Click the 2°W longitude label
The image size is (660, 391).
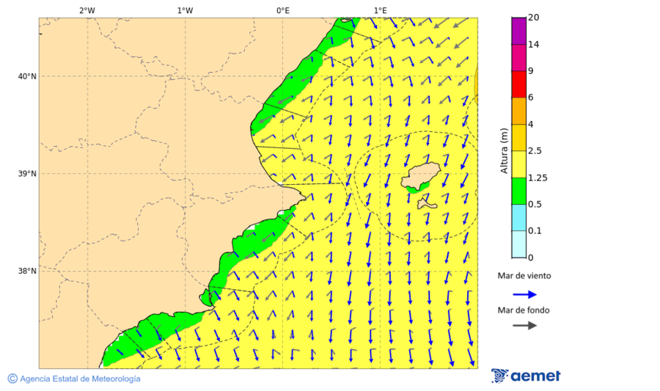[87, 10]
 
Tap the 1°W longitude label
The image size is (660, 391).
[185, 10]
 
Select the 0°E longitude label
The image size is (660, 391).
[282, 10]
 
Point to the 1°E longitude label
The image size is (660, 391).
[380, 10]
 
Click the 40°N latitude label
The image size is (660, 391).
[26, 76]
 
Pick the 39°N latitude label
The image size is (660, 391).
[26, 174]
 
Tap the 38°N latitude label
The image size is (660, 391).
[26, 271]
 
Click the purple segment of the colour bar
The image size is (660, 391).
[518, 31]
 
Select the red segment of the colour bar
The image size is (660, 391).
[518, 84]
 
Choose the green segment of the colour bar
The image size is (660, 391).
[518, 191]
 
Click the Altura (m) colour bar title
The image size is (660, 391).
[504, 150]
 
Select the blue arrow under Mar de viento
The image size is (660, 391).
[524, 295]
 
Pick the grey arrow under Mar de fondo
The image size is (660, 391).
[524, 326]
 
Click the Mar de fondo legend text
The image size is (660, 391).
[524, 310]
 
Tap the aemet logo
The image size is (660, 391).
[526, 376]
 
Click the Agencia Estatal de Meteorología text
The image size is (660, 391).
[79, 379]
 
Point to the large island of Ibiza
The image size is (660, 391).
[419, 177]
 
